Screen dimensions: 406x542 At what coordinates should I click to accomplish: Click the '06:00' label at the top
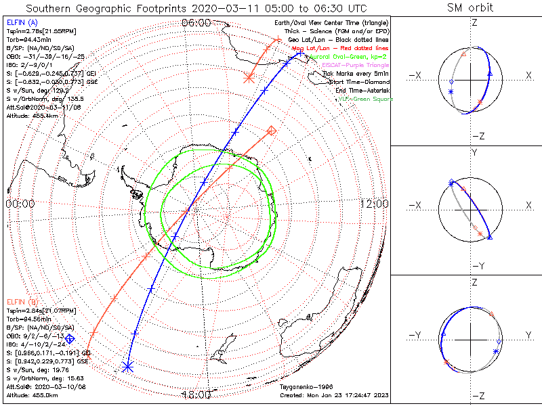click(195, 23)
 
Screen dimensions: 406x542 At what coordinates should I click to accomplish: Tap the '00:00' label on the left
click(20, 204)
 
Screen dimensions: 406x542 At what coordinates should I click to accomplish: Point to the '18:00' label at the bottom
click(195, 395)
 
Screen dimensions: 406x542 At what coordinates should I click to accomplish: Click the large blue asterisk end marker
click(127, 367)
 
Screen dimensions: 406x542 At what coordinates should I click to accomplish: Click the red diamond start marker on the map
click(272, 130)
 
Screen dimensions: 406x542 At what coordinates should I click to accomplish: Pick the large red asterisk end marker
click(248, 78)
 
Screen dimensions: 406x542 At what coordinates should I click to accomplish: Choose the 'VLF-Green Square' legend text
click(365, 99)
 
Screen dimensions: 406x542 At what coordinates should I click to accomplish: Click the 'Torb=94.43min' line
click(28, 39)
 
